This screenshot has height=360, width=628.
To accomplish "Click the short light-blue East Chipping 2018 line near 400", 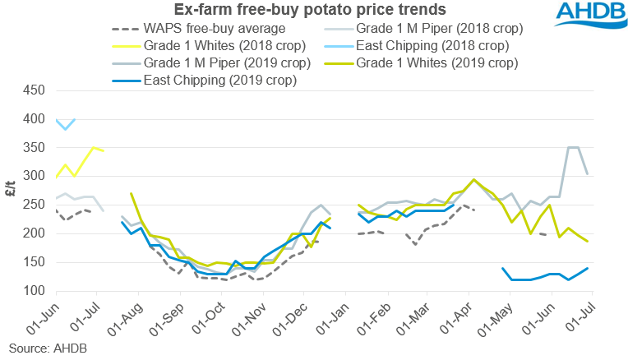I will tap(66, 124).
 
